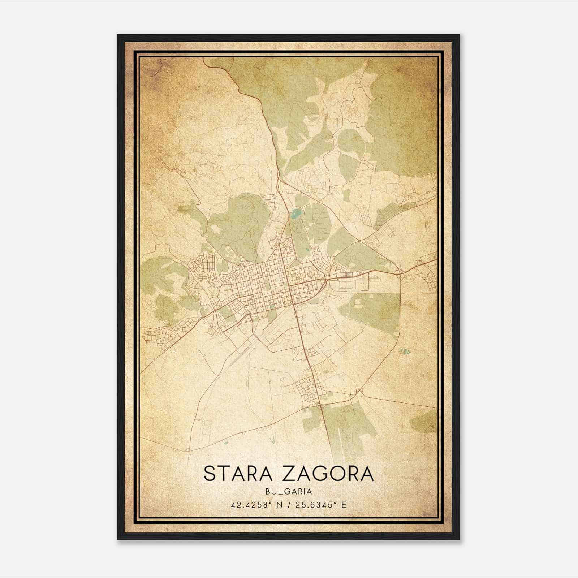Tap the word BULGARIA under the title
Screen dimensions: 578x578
pos(289,491)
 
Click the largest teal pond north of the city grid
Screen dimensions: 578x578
pos(296,214)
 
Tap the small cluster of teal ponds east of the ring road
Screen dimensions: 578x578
pos(406,350)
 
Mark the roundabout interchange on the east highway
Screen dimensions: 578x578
pos(399,273)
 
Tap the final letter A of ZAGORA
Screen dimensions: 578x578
pos(366,474)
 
